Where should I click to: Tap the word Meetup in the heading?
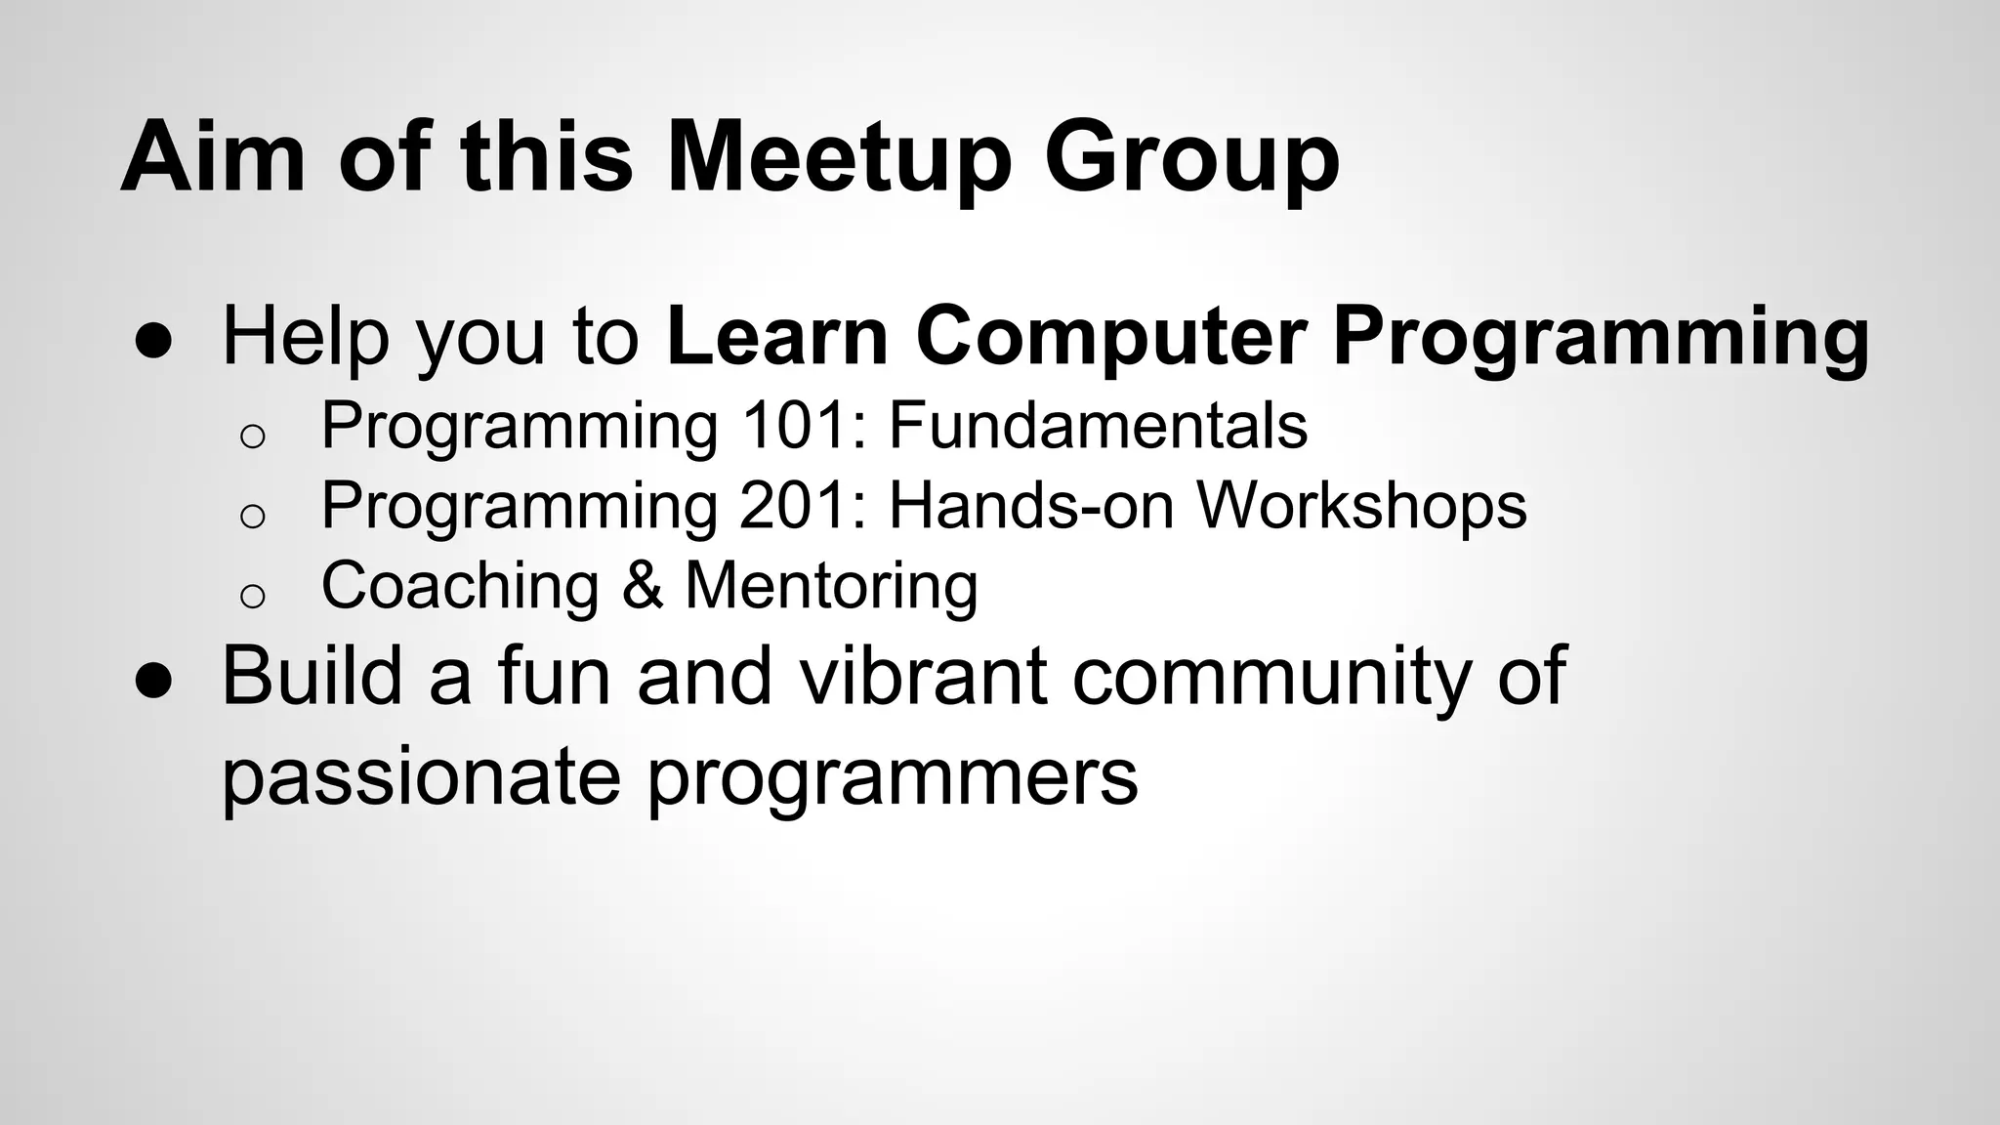(x=838, y=156)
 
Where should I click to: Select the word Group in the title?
(x=1191, y=156)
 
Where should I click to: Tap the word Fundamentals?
(x=1098, y=426)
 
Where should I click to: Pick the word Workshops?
(x=1361, y=506)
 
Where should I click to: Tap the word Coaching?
(x=460, y=586)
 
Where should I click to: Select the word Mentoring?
(x=831, y=586)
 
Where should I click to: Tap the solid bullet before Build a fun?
(x=153, y=682)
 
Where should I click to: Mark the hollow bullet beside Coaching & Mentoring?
(x=252, y=595)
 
